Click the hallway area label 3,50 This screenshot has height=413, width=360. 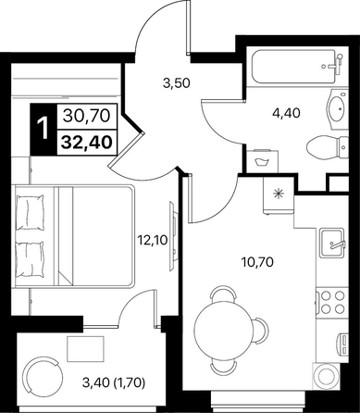point(176,83)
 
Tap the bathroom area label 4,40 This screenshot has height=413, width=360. point(286,113)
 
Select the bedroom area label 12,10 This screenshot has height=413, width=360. point(153,240)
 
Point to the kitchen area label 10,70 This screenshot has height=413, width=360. point(257,262)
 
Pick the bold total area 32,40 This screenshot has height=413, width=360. point(86,143)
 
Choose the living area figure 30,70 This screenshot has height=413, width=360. point(86,117)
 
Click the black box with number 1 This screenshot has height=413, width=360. point(43,130)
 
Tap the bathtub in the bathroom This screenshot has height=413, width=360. point(294,67)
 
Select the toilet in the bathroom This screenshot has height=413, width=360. point(328,147)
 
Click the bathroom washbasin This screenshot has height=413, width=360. point(336,109)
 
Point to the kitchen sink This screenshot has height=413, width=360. point(331,243)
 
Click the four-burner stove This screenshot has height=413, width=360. point(332,302)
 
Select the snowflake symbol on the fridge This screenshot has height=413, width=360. point(279,194)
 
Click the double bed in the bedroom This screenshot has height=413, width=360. point(73,235)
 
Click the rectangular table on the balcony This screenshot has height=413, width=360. point(86,349)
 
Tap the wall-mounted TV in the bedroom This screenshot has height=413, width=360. point(172,236)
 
